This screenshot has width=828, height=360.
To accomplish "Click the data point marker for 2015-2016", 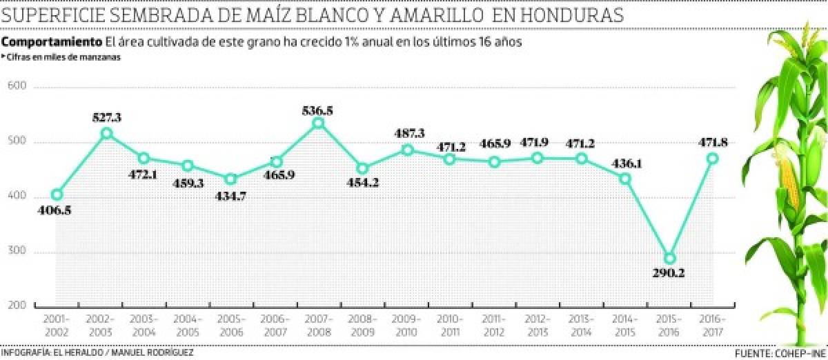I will point(669,259).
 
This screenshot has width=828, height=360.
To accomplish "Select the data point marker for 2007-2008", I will point(318,123).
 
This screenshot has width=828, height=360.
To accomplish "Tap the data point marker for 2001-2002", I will point(57,195).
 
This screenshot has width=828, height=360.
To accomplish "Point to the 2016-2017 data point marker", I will point(713,158).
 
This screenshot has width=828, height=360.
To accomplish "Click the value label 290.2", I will point(669,273).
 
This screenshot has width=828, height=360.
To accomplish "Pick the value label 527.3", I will point(108,117).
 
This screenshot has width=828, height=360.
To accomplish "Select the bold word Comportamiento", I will point(52,42).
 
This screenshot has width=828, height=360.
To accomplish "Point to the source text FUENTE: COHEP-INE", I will point(779,354).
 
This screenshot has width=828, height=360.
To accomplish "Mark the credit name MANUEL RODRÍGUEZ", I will point(153,353).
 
